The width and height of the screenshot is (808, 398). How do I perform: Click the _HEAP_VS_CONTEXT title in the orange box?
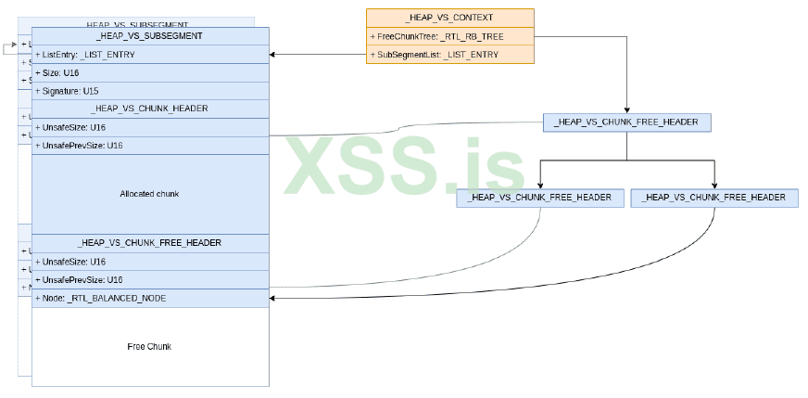click(x=449, y=18)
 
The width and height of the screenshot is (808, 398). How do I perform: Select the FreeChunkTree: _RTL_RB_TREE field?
click(x=428, y=36)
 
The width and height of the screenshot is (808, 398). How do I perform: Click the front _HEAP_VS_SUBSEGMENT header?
click(x=150, y=35)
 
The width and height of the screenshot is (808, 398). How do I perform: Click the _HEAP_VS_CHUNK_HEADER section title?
click(x=150, y=109)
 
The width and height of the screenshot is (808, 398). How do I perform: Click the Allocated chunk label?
click(x=149, y=194)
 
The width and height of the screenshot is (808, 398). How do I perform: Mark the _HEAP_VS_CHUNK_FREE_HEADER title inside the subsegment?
click(x=150, y=243)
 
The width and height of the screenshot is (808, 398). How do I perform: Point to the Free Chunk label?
click(x=149, y=346)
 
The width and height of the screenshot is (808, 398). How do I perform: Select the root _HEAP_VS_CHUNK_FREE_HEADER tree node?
click(x=626, y=122)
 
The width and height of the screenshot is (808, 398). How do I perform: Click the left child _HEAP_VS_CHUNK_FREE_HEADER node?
click(x=539, y=197)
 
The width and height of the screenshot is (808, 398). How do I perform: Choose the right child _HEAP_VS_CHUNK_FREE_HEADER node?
click(x=713, y=197)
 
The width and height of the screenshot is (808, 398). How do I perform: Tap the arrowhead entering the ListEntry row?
click(x=273, y=55)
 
